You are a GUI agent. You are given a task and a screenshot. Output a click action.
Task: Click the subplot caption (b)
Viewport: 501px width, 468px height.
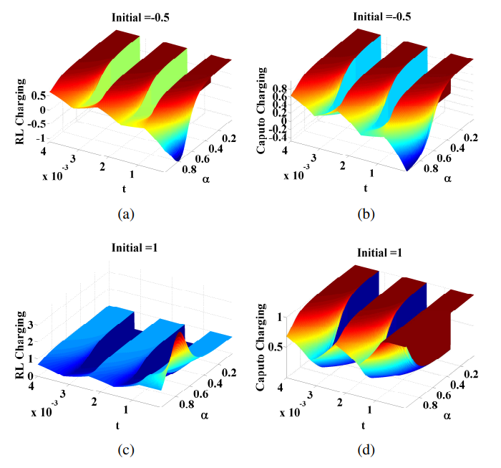tap(366, 214)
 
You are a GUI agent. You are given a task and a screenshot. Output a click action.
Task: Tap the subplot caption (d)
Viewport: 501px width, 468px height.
tap(366, 451)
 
